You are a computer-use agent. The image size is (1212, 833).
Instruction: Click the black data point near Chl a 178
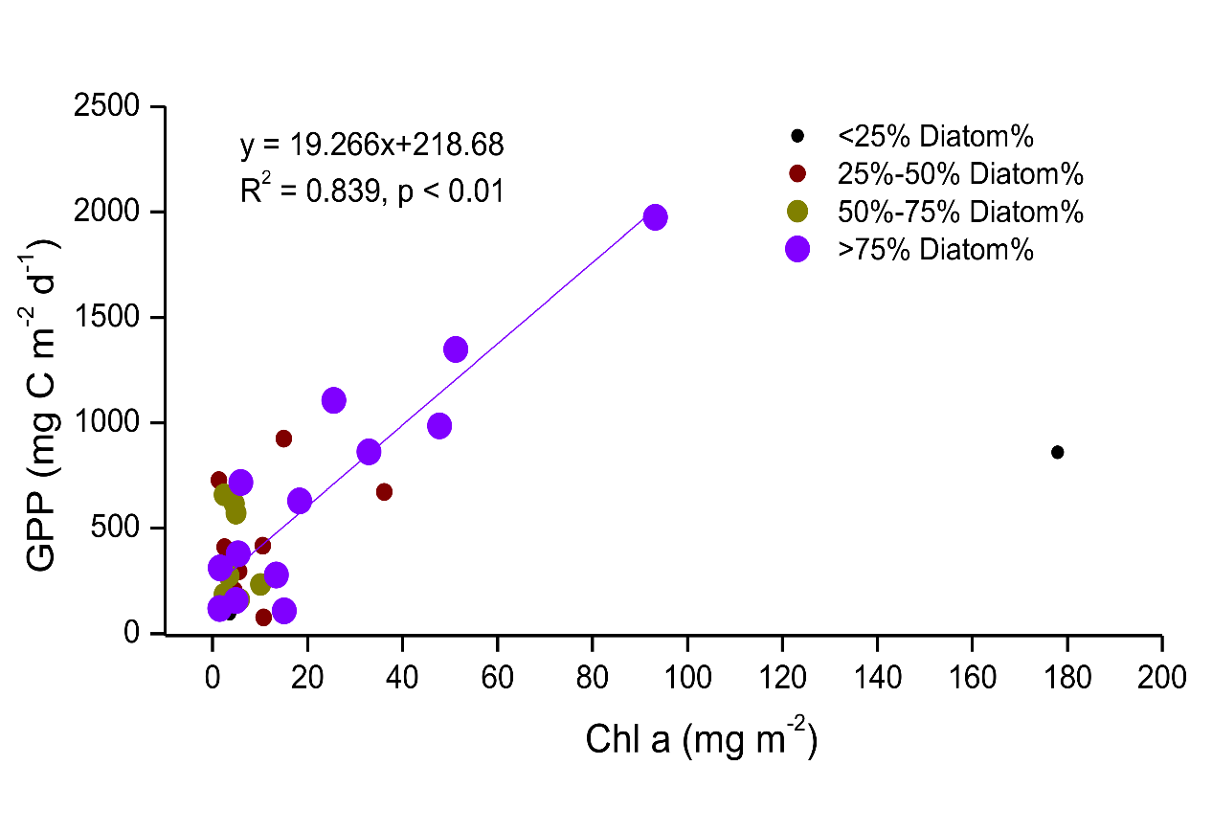tap(1057, 452)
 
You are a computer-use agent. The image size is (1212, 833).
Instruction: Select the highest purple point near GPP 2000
tap(655, 216)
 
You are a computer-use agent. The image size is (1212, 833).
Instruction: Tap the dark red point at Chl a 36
tap(384, 492)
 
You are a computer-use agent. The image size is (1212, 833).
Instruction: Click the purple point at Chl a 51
tap(456, 349)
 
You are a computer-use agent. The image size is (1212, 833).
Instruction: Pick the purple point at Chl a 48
tap(439, 426)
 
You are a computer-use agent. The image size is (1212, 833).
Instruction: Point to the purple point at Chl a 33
tap(369, 452)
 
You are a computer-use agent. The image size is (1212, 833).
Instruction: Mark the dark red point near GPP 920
tap(283, 439)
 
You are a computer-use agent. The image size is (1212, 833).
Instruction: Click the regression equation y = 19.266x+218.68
tap(371, 146)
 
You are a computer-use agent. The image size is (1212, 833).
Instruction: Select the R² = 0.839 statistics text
tap(371, 191)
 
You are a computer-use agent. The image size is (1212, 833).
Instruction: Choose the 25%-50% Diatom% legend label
tap(960, 174)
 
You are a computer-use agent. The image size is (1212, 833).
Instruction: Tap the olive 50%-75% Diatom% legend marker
tap(797, 212)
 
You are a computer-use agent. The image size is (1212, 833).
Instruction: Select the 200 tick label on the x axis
tap(1162, 677)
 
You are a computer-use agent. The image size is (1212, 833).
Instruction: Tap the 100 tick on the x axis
tap(686, 677)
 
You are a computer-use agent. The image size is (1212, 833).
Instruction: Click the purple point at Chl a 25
tap(333, 400)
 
